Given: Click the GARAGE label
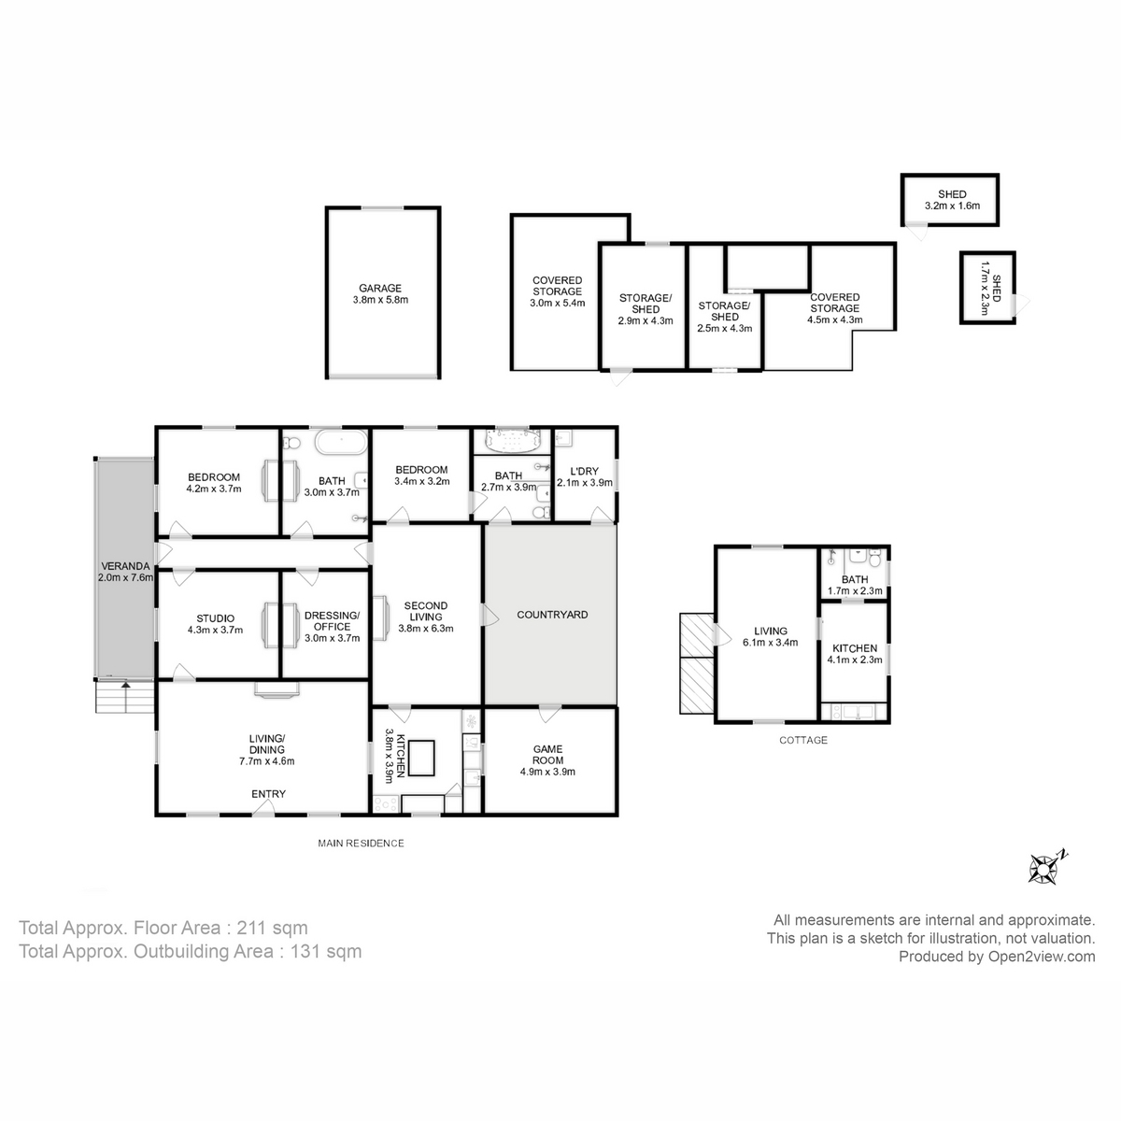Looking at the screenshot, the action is click(380, 288).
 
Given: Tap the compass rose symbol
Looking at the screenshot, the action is click(1044, 869).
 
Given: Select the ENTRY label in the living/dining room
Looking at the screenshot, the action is click(268, 793).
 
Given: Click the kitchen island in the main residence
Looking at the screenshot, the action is click(421, 758).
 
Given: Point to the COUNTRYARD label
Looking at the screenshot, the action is click(552, 615).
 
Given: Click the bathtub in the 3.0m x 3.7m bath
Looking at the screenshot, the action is click(341, 442).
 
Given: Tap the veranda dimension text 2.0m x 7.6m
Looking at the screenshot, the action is click(126, 577).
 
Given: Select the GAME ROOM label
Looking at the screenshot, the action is click(547, 755).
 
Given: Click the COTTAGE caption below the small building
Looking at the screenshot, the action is click(802, 740).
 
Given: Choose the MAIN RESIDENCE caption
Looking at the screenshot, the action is click(361, 843).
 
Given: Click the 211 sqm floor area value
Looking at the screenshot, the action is click(272, 928).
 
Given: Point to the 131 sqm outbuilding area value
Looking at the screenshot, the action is click(326, 951).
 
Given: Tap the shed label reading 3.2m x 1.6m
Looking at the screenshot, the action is click(952, 206).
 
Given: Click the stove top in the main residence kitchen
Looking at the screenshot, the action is click(386, 804).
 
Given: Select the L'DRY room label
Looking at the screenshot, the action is click(584, 471).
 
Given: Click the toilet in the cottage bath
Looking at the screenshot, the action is click(874, 559).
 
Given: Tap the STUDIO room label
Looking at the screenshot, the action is click(215, 618).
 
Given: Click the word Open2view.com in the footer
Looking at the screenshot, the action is click(1042, 957).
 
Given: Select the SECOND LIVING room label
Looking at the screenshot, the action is click(426, 611).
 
